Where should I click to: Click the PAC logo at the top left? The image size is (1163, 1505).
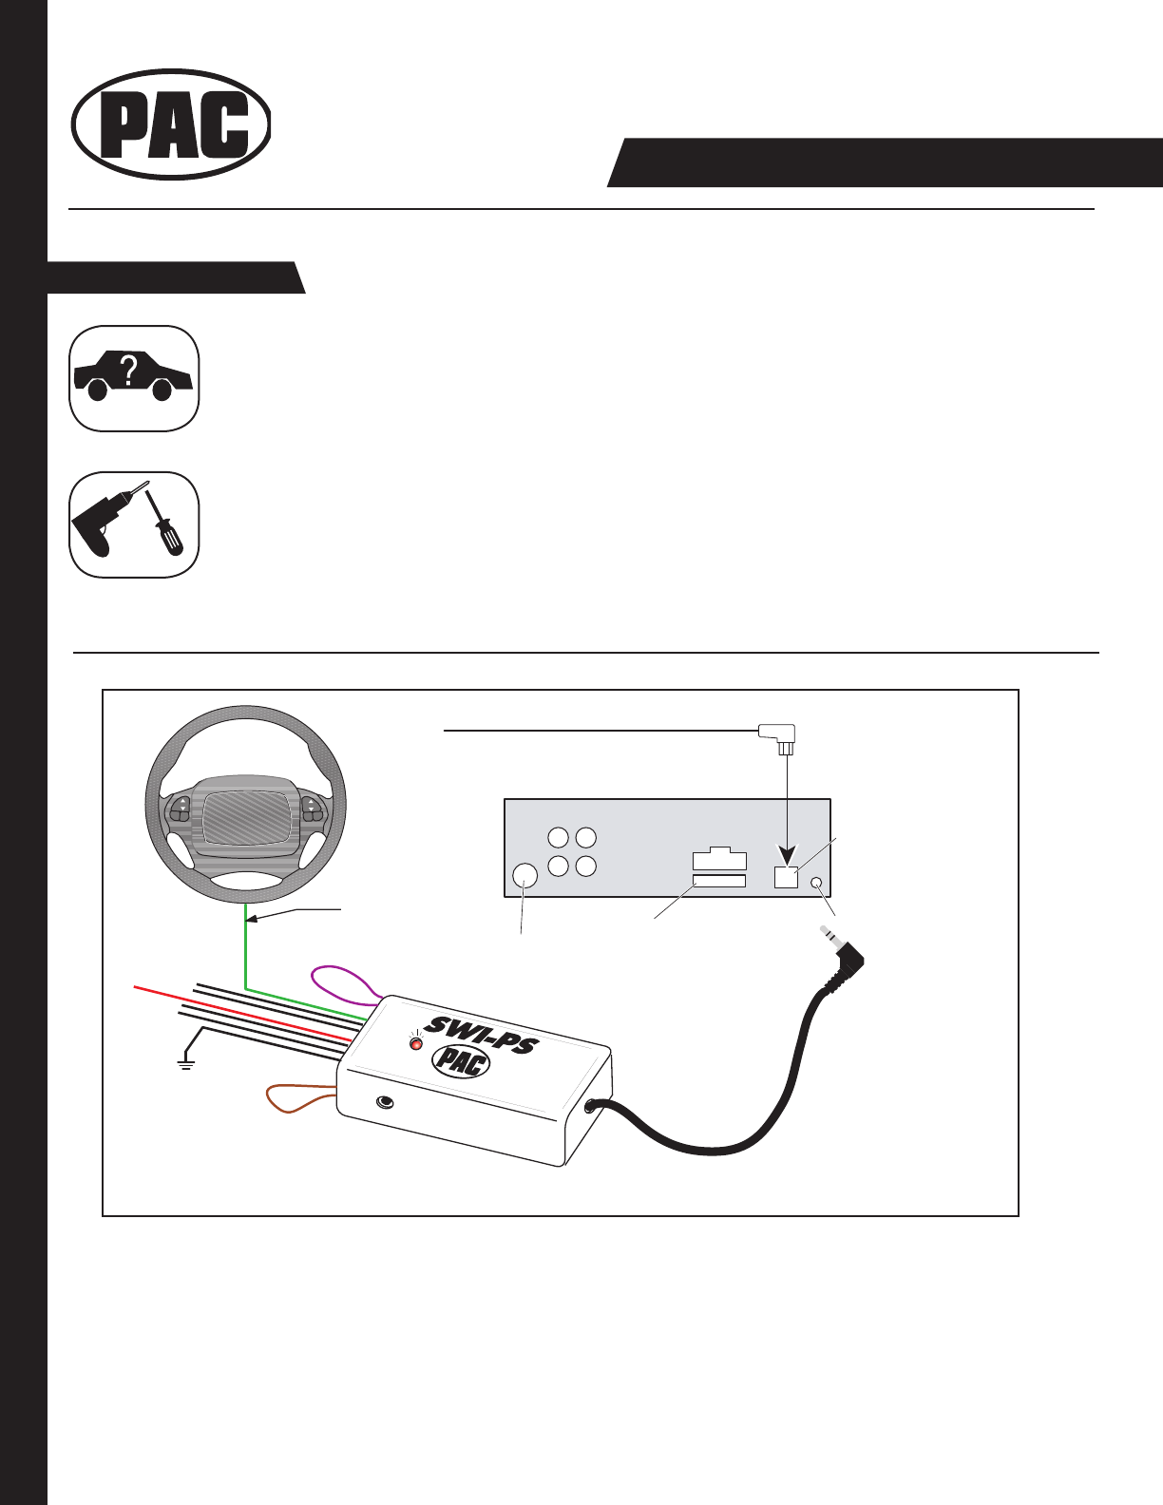171,124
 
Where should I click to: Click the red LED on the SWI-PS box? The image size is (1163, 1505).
415,1043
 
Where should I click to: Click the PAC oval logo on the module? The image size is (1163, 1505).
461,1061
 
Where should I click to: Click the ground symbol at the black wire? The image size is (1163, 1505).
185,1062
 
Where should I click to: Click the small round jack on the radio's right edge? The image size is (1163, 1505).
816,884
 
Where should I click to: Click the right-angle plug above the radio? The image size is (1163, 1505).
778,734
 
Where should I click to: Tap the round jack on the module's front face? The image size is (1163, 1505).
385,1102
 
